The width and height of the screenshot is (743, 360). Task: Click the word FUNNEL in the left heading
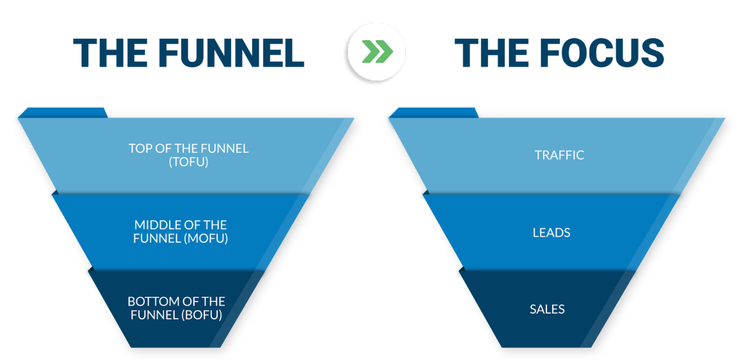pos(231,53)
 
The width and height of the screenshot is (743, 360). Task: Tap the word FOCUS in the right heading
pos(602,53)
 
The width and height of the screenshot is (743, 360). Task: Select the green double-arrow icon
pos(377,51)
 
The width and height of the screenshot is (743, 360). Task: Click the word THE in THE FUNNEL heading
pos(110,53)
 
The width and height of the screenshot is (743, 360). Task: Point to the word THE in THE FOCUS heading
pos(491,53)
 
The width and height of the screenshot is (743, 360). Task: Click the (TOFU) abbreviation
pos(188,162)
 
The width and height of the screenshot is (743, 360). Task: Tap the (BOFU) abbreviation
pos(202,315)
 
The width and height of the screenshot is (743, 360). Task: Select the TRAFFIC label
pos(559,155)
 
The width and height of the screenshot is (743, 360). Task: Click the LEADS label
pos(551,233)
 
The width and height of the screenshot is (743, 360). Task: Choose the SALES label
pos(547,309)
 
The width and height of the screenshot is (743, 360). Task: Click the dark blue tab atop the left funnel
pos(63,112)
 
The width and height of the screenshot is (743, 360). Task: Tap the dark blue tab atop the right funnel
pos(434,112)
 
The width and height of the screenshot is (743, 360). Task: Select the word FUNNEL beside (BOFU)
pos(154,315)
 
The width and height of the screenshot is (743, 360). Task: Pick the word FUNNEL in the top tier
pos(224,149)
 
